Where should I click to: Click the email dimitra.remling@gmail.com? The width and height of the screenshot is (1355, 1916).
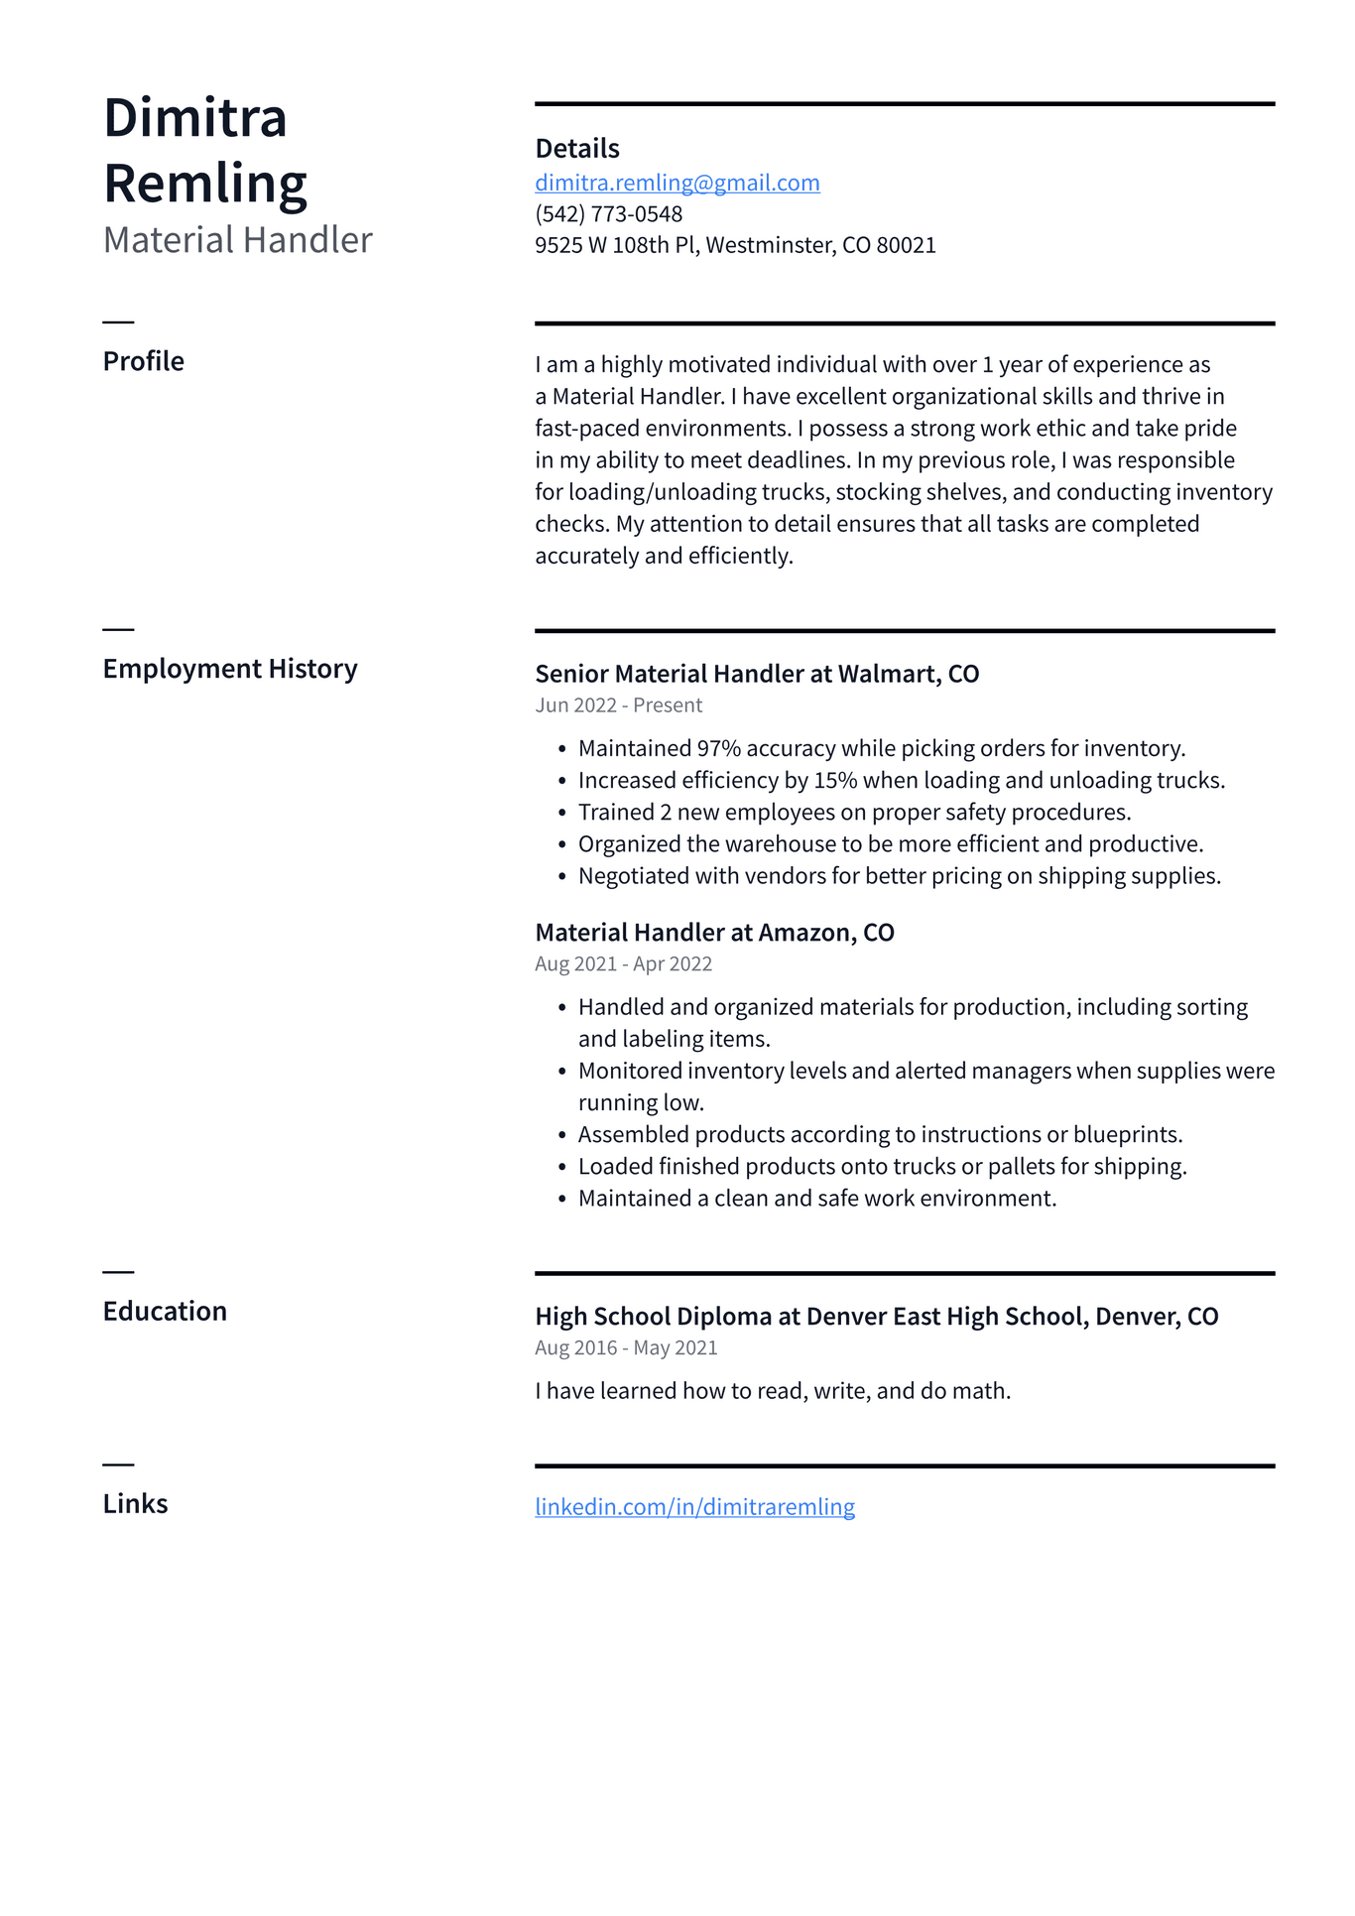point(677,183)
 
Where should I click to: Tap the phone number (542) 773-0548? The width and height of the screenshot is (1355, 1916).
point(608,214)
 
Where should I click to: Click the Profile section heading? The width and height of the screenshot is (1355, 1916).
point(143,361)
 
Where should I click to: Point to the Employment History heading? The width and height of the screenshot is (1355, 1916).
point(229,669)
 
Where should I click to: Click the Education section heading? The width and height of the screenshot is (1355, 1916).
point(165,1312)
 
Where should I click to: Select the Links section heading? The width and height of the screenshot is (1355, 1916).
point(135,1504)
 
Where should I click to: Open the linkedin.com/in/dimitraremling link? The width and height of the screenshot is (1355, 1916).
point(694,1507)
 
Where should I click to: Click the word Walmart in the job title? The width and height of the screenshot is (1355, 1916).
point(887,675)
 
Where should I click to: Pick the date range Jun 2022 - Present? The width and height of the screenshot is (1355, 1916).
point(618,705)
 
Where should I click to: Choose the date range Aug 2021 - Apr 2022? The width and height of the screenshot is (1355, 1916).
point(623,964)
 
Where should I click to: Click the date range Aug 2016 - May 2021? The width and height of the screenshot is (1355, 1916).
point(626,1348)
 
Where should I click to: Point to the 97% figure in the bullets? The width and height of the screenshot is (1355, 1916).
point(718,749)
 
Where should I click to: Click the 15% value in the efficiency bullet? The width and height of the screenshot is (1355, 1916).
point(834,781)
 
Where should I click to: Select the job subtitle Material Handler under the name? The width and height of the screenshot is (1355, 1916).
point(237,240)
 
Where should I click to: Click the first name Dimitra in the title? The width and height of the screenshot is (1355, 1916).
point(194,118)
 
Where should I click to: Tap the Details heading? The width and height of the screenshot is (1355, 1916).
point(576,149)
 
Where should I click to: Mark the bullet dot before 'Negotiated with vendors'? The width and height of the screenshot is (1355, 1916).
point(561,877)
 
